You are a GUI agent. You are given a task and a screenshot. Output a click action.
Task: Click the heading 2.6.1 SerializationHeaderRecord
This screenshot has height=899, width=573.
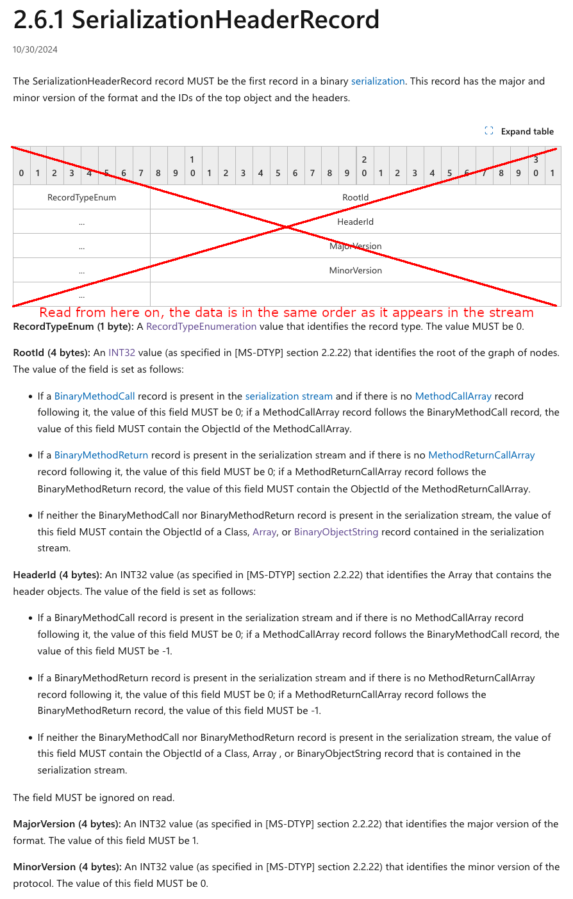[196, 20]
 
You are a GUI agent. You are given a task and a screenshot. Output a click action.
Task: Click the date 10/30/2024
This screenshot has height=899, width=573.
[35, 49]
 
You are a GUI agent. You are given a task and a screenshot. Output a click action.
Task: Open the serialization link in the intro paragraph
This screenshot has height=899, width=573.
[378, 81]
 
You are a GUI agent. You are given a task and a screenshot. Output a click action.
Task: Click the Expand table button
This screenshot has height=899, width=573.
[520, 131]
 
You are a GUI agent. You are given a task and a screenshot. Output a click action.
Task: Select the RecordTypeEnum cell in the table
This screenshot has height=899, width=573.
[81, 197]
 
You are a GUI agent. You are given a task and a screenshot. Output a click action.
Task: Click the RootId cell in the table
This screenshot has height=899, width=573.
[355, 197]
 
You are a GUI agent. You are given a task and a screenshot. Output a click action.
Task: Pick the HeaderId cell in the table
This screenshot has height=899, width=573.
[355, 222]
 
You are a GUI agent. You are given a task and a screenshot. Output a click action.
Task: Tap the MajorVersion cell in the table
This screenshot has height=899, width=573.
[355, 246]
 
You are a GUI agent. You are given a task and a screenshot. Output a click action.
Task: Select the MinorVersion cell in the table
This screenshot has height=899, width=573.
[355, 270]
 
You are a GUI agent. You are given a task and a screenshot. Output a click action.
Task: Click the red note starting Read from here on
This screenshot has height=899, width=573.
[286, 312]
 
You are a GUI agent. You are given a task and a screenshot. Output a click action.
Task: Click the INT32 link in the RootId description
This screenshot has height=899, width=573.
[122, 353]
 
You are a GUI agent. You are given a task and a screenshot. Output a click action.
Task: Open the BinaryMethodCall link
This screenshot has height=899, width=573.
[94, 396]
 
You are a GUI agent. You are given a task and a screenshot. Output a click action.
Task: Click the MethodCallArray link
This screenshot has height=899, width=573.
[453, 396]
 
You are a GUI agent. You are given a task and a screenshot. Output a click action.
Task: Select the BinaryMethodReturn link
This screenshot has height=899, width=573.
[101, 455]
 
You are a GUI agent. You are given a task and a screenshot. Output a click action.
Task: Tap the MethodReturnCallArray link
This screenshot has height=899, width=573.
[481, 455]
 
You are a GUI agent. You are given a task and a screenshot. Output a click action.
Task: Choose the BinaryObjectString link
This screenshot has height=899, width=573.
[336, 532]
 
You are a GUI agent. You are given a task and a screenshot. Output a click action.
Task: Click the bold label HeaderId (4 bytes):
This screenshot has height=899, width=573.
[58, 575]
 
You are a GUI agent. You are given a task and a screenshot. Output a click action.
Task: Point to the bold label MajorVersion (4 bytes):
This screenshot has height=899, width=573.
[67, 824]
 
